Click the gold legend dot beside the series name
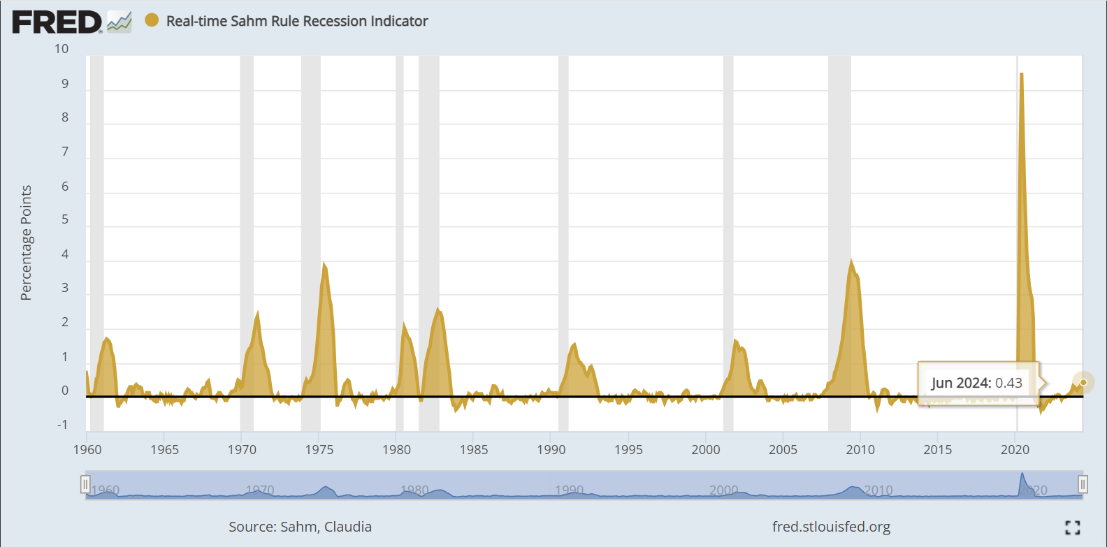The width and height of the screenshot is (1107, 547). (152, 20)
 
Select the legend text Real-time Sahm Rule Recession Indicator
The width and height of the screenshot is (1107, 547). (296, 22)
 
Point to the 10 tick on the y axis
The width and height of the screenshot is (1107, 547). (61, 49)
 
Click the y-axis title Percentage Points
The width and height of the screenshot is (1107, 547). (27, 242)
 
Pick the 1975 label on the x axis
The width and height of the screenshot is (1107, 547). (319, 450)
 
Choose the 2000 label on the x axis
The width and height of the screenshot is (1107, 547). (705, 450)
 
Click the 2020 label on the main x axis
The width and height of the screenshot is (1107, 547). (1014, 450)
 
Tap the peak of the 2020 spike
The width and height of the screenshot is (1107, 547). (1022, 74)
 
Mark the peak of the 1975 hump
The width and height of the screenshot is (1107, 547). (324, 264)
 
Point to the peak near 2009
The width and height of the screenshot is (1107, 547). (851, 261)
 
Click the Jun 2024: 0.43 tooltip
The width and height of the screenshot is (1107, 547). (976, 383)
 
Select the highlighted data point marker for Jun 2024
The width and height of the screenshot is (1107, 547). (1083, 382)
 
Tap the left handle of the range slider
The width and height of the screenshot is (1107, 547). (85, 484)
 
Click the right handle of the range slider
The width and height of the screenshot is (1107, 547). (1083, 484)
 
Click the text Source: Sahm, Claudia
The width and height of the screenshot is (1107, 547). (300, 527)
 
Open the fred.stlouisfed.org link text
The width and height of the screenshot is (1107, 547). (831, 527)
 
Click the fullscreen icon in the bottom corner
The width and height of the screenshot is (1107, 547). (1073, 527)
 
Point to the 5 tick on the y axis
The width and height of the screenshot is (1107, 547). (64, 219)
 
